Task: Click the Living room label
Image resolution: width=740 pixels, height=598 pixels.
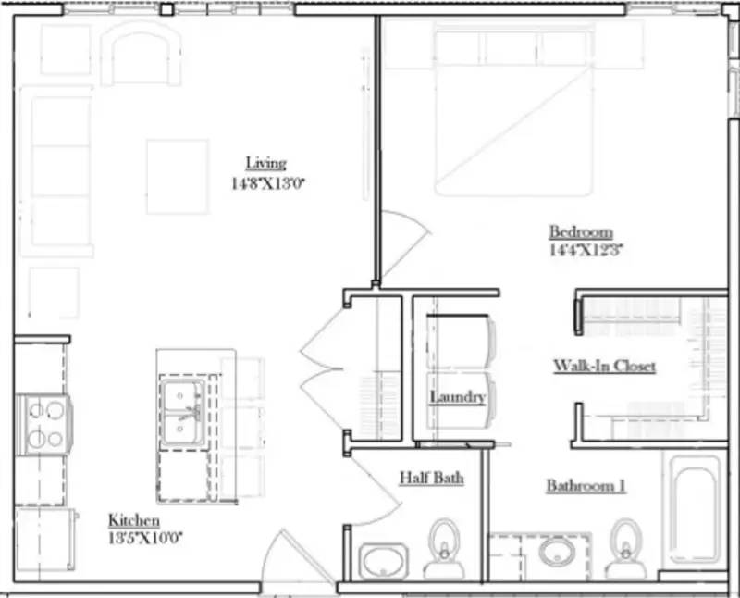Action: [265, 164]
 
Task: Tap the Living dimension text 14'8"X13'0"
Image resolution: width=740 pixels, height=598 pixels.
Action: [268, 183]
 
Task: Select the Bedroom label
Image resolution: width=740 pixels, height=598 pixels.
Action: [581, 231]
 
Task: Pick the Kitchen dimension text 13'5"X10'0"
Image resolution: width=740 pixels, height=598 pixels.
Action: [145, 537]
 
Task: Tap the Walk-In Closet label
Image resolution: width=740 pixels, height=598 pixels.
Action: [605, 366]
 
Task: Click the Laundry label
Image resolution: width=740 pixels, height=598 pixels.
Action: [457, 397]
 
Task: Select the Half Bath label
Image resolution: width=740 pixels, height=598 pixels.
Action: [431, 478]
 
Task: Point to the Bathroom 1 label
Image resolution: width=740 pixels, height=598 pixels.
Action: [586, 485]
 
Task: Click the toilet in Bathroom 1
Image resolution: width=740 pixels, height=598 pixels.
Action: [627, 548]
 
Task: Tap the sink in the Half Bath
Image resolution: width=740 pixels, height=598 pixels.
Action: [383, 560]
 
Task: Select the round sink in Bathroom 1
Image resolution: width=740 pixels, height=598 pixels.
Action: [559, 553]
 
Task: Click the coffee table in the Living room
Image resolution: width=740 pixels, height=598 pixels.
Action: [177, 177]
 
